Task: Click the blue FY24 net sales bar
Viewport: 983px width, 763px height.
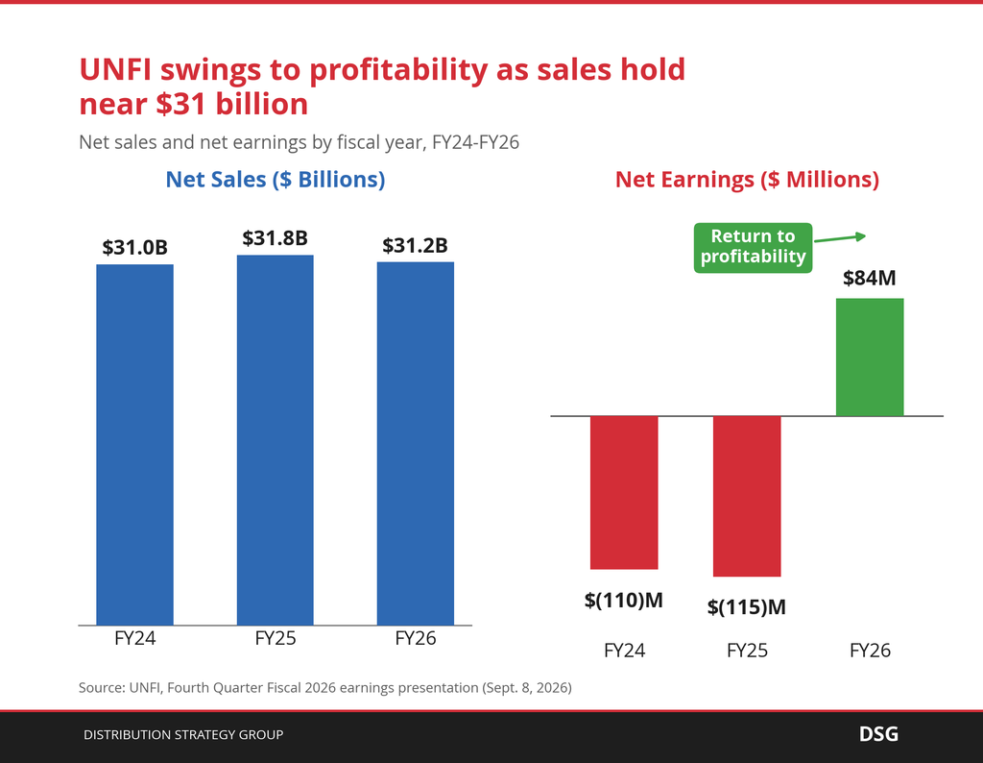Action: (134, 445)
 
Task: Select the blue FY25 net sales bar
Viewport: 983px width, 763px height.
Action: (276, 440)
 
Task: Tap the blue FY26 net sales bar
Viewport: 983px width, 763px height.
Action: (416, 444)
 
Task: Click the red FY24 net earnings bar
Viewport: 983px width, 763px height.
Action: (624, 493)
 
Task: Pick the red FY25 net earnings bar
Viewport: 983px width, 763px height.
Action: (747, 496)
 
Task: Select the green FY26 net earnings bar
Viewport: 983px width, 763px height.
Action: (870, 357)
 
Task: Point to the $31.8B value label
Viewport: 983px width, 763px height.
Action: (276, 238)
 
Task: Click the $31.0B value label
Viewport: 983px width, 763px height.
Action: (134, 248)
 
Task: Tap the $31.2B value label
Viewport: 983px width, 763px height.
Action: (416, 245)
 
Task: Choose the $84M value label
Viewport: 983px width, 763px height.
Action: (870, 278)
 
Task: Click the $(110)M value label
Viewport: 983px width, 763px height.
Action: (624, 601)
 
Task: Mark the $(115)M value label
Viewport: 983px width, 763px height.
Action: (747, 607)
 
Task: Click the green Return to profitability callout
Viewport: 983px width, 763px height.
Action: (753, 248)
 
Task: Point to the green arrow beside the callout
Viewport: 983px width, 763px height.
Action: (840, 238)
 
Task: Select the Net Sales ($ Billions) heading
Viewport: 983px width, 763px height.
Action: (276, 180)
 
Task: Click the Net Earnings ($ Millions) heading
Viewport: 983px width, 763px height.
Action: (747, 180)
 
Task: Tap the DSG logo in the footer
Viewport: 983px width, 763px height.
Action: (878, 734)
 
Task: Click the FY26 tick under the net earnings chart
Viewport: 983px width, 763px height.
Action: (870, 651)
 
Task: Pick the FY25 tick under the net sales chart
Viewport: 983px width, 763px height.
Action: (276, 639)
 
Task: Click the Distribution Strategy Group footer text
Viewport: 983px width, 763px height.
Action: (183, 735)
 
